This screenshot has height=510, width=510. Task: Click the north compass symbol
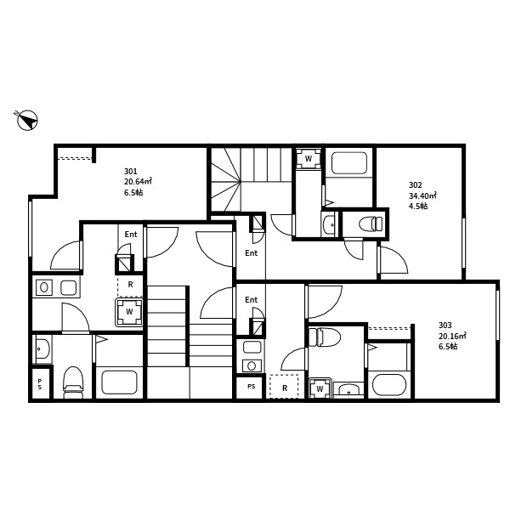click(27, 120)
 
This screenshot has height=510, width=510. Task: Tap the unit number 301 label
click(130, 171)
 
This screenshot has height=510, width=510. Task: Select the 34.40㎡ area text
click(422, 195)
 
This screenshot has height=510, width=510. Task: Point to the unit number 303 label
click(445, 325)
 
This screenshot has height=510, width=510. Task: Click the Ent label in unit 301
click(131, 235)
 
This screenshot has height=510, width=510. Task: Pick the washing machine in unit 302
click(308, 159)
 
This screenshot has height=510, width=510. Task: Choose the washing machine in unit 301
click(129, 312)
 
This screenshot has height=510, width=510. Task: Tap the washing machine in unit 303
click(320, 388)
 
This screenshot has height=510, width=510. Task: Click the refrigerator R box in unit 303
click(284, 387)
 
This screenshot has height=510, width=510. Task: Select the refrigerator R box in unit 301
click(130, 286)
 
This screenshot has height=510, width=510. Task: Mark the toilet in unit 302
click(371, 224)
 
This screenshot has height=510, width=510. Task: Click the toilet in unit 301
click(73, 382)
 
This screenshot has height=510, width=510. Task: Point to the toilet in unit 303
click(324, 337)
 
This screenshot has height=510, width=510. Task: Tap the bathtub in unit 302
click(349, 162)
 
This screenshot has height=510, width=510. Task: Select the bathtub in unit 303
click(389, 385)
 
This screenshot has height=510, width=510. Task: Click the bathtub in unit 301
click(119, 382)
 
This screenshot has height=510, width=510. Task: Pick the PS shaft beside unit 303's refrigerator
click(251, 387)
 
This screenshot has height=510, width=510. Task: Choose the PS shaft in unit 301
click(40, 384)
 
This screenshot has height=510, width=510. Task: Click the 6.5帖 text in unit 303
click(448, 347)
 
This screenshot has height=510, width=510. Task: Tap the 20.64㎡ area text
click(138, 181)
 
